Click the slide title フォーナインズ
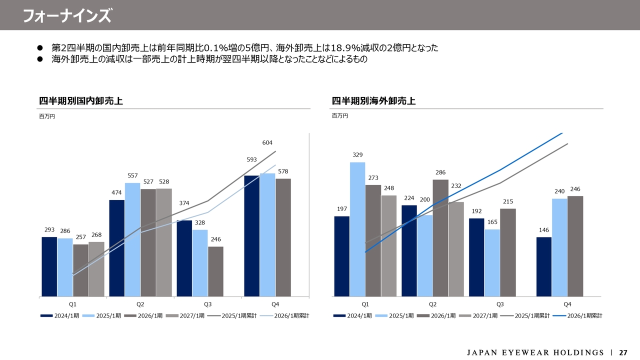(x=67, y=15)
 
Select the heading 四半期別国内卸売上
(x=81, y=101)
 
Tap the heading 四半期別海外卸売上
(x=373, y=101)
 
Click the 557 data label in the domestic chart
(x=132, y=175)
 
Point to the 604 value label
(x=267, y=142)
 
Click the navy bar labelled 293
(x=49, y=267)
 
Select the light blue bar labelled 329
(x=357, y=229)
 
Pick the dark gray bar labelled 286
(x=440, y=238)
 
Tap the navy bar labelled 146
(x=544, y=267)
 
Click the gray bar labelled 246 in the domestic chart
(x=215, y=271)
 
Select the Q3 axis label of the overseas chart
(x=500, y=304)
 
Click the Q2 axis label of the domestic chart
(x=140, y=304)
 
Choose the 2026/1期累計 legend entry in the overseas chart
(x=577, y=315)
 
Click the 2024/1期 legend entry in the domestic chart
(x=59, y=315)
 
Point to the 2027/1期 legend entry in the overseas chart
(x=478, y=315)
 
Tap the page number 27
(x=623, y=352)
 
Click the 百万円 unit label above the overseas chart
(x=339, y=115)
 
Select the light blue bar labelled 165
(x=492, y=263)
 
